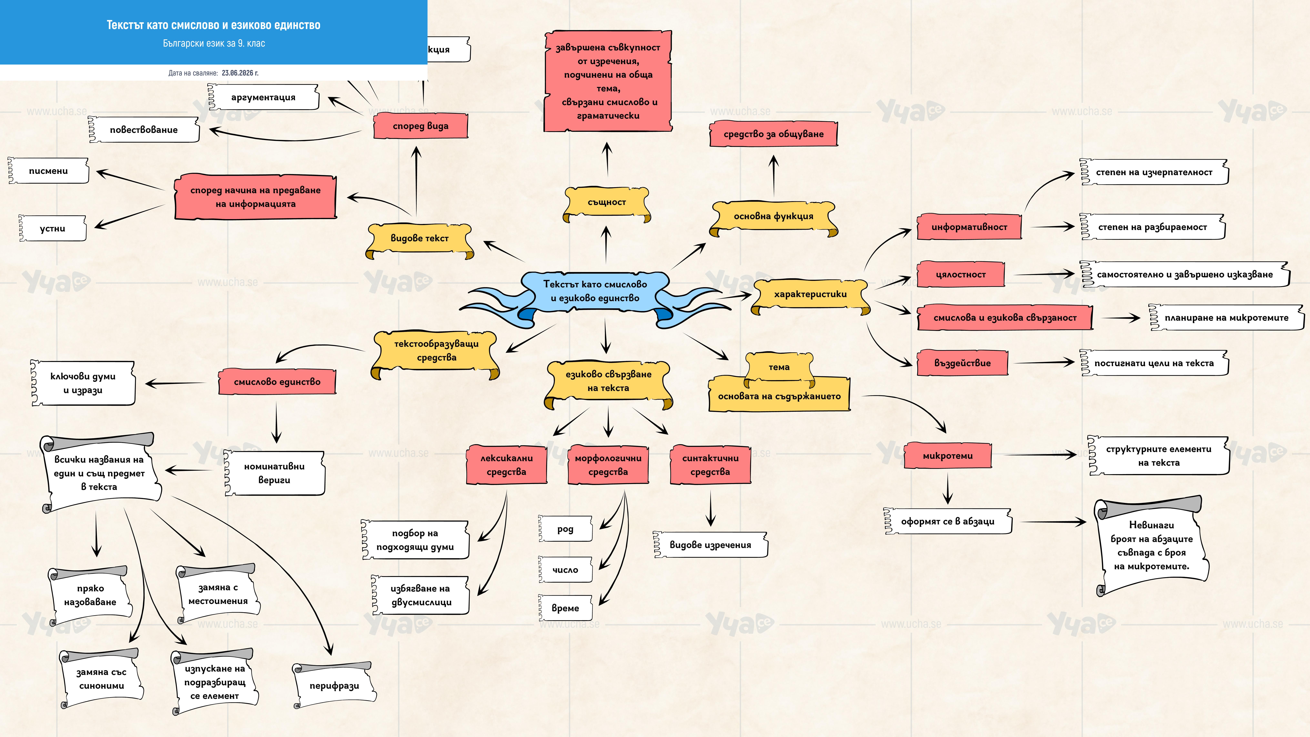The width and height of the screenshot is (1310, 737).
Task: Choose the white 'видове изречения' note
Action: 710,545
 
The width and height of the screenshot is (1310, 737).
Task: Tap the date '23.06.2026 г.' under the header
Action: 240,73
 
